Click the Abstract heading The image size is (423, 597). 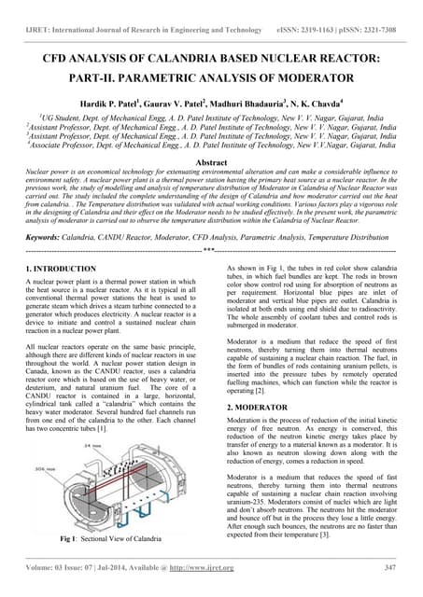click(x=210, y=161)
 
